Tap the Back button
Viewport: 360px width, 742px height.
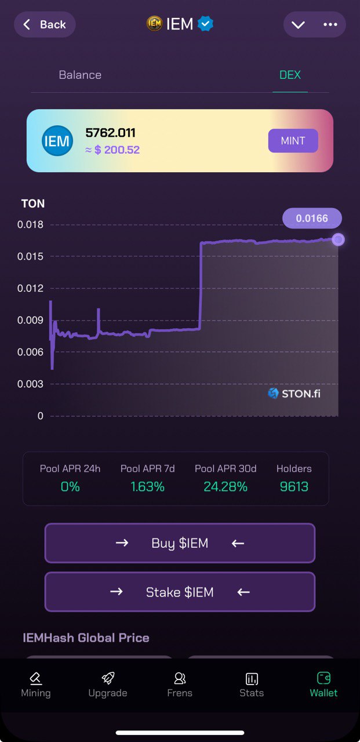(45, 25)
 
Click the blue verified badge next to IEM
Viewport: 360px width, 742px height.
(205, 24)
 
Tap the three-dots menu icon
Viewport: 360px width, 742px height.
(330, 24)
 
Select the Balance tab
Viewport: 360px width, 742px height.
(80, 75)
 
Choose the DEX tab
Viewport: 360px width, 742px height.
(290, 75)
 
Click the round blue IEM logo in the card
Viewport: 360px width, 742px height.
(57, 141)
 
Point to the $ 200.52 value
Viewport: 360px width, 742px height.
(117, 150)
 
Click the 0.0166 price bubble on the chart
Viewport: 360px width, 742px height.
(312, 219)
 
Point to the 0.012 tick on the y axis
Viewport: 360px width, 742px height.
(30, 288)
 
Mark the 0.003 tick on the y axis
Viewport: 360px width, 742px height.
(30, 384)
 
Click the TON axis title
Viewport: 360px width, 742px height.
(33, 203)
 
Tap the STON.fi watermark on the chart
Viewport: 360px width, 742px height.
(294, 394)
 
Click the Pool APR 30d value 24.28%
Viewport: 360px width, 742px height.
(226, 487)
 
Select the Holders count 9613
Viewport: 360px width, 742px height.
(294, 487)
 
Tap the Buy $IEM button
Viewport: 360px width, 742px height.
(180, 543)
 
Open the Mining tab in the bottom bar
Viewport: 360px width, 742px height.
(36, 685)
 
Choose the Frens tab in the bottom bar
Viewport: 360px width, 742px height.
(180, 685)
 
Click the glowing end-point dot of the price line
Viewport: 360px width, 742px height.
(338, 239)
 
